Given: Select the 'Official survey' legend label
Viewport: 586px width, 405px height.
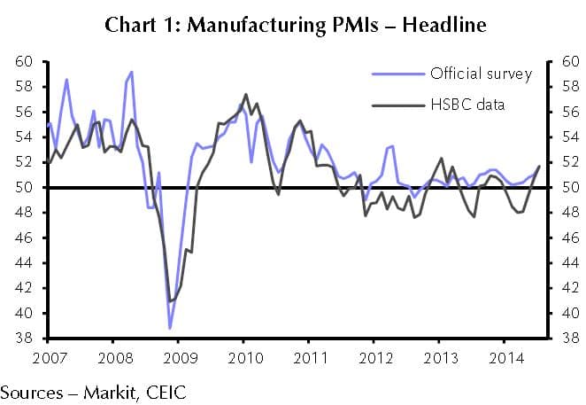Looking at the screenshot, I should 481,73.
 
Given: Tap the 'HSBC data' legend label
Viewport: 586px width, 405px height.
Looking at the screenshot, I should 467,105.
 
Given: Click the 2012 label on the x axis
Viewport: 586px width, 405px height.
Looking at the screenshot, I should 375,358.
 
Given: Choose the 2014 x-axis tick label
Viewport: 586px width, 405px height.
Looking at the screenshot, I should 508,358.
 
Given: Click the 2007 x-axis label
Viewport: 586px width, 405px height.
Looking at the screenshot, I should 45,358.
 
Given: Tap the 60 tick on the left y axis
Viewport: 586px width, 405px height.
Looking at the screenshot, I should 25,62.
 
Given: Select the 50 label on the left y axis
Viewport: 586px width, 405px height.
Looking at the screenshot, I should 25,188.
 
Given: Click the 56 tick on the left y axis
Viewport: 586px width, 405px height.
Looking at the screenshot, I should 25,113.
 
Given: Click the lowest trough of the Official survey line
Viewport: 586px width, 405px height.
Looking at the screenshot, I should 169,328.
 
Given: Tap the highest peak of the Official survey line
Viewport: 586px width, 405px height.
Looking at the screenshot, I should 132,72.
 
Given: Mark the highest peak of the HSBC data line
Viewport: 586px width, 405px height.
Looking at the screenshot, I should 245,94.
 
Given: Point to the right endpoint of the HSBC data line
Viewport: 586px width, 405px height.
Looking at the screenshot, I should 540,167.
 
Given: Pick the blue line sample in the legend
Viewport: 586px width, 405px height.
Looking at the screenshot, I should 397,73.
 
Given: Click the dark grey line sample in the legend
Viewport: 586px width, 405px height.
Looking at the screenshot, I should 397,105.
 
